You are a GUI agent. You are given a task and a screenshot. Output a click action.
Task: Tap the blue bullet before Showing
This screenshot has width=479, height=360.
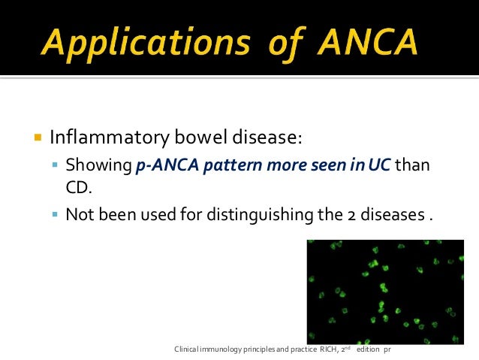[56, 165]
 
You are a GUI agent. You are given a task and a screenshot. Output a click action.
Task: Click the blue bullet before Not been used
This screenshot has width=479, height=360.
[56, 214]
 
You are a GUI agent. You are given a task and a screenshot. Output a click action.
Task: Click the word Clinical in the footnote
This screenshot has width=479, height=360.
[187, 350]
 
